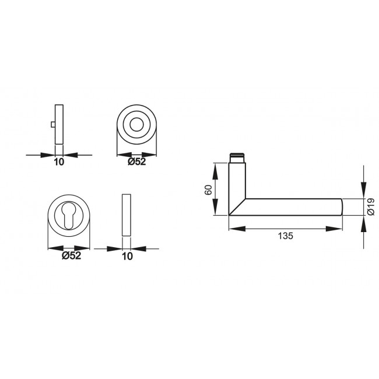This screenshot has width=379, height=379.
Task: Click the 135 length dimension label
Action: coord(285,236)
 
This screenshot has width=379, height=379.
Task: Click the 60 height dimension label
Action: coord(208,189)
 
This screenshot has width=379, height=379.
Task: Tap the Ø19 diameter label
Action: coord(371,207)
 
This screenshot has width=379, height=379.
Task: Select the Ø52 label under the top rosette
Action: coord(137,162)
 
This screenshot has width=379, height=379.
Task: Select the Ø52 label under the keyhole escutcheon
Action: coord(70,256)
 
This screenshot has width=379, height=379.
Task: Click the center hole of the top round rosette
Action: coord(138,125)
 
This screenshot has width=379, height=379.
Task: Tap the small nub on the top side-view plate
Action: coord(53,124)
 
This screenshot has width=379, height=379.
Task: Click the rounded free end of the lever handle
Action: coord(341,206)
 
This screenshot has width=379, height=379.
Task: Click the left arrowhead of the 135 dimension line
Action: coord(232,229)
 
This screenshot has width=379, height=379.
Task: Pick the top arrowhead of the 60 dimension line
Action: coord(216,168)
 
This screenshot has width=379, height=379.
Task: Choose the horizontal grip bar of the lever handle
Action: coord(292,206)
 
